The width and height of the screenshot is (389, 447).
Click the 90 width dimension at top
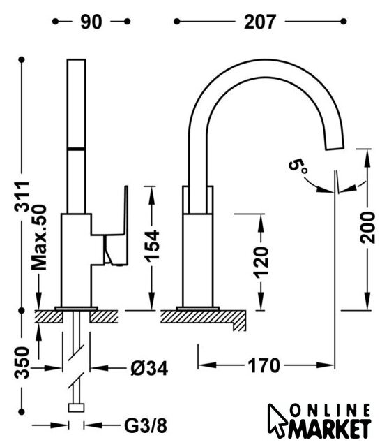point(91,22)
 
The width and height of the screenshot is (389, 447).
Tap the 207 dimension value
point(260,22)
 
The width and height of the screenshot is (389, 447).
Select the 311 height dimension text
point(22,196)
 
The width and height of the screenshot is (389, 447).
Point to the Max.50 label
point(39,237)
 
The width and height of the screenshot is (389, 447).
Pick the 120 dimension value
point(261,263)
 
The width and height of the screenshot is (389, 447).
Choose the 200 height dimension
point(367,227)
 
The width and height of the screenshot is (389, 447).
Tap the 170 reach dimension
point(264,366)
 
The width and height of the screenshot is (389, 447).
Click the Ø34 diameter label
point(149,369)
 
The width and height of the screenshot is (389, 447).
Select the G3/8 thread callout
point(146,426)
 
